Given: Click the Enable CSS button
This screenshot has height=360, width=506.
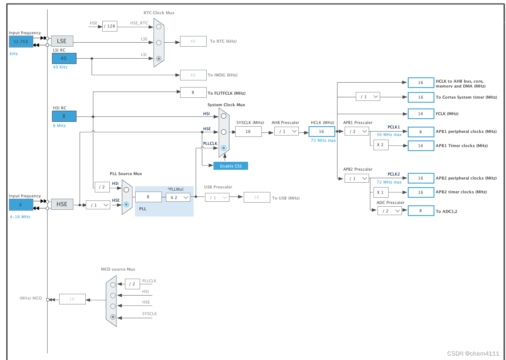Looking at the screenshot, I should pyautogui.click(x=230, y=166).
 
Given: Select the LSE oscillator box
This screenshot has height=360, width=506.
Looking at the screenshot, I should pyautogui.click(x=62, y=41).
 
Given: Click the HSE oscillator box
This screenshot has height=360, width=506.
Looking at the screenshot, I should pyautogui.click(x=62, y=204).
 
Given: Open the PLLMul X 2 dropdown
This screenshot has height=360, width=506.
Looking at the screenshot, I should pyautogui.click(x=178, y=197).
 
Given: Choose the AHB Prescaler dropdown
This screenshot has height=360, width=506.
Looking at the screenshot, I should pyautogui.click(x=286, y=131).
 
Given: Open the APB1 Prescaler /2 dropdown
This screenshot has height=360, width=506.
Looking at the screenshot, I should pyautogui.click(x=357, y=131).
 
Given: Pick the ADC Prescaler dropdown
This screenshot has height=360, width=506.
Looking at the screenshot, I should pyautogui.click(x=390, y=211).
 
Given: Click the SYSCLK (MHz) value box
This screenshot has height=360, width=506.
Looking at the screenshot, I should pyautogui.click(x=248, y=131).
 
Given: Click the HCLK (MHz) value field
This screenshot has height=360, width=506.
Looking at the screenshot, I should pyautogui.click(x=321, y=131).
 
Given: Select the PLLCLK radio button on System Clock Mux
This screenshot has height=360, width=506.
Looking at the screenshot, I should pyautogui.click(x=224, y=148).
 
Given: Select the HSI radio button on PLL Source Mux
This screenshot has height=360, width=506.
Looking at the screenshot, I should pyautogui.click(x=126, y=189).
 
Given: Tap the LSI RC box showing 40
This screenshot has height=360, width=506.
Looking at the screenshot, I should pyautogui.click(x=64, y=58).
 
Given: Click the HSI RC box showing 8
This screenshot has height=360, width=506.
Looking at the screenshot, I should pyautogui.click(x=64, y=116).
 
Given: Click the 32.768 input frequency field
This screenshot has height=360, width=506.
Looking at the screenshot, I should pyautogui.click(x=21, y=41).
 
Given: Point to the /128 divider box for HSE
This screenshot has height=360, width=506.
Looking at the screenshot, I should pyautogui.click(x=109, y=26).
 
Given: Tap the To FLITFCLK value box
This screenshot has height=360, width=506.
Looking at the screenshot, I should pyautogui.click(x=193, y=92).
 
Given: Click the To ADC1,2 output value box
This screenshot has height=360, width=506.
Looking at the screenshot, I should pyautogui.click(x=421, y=211).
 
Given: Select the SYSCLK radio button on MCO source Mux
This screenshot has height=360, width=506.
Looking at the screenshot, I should pyautogui.click(x=113, y=317).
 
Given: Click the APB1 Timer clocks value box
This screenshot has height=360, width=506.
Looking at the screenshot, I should pyautogui.click(x=421, y=146).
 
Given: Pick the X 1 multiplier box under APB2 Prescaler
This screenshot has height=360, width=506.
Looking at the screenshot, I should pyautogui.click(x=381, y=192).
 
